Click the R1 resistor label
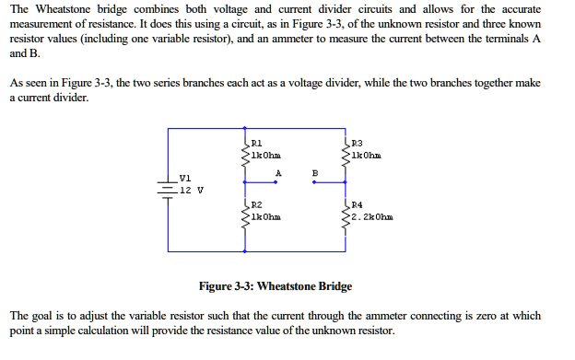257,144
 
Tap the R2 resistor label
257,204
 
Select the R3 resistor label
358,144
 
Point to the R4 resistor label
358,204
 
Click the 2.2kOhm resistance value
373,217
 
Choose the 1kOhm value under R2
266,217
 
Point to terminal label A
277,171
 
